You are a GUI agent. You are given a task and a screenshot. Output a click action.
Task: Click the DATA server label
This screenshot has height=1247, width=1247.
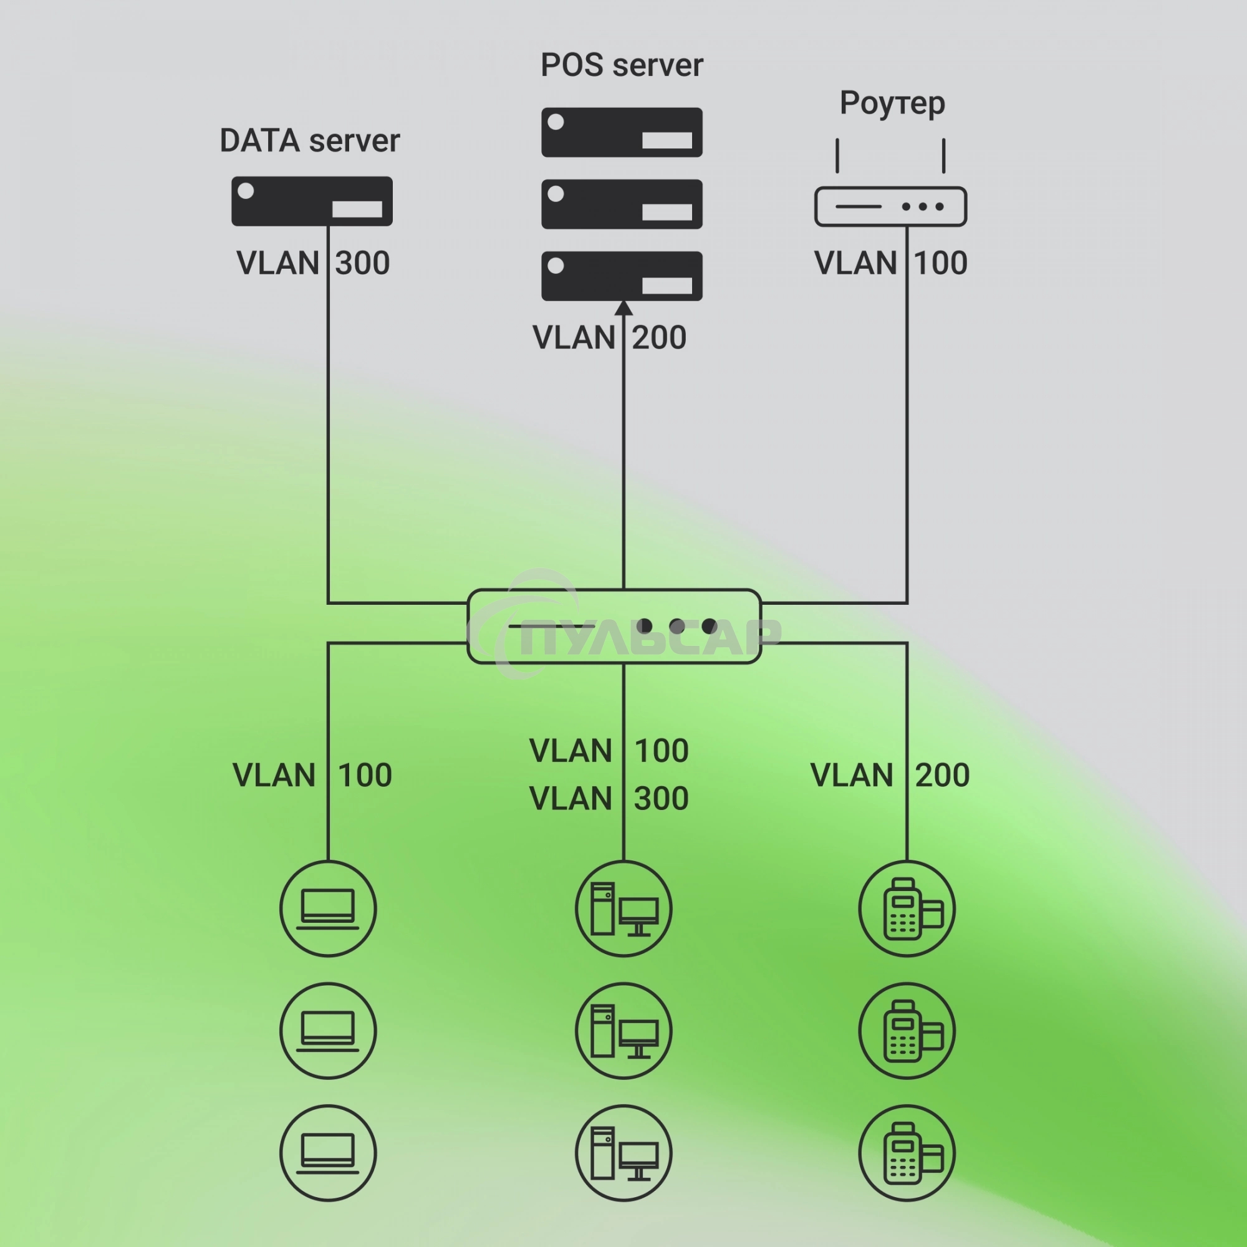309,141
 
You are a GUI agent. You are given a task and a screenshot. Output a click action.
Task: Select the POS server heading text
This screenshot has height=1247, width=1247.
621,65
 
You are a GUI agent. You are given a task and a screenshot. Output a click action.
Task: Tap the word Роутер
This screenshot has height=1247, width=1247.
892,104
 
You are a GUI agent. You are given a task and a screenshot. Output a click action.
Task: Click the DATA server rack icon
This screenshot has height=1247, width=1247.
312,201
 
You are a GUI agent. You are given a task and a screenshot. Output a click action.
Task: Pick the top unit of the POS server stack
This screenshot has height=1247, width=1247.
622,132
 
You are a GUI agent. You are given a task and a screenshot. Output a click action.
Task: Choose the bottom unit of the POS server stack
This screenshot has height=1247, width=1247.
622,276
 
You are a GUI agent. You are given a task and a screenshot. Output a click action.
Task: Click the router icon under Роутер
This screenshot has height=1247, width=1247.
890,206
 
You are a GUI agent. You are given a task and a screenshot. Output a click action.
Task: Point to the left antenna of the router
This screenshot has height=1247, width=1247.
837,155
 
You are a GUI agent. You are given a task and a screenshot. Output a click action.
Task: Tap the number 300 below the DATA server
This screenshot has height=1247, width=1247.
363,263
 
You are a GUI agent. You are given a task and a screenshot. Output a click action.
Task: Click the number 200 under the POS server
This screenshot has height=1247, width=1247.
659,337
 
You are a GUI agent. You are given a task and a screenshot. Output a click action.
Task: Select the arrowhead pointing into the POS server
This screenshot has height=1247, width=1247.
623,308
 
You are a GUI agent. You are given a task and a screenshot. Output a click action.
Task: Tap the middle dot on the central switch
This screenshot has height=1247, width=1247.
676,626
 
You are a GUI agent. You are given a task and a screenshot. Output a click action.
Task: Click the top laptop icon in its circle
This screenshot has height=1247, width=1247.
328,909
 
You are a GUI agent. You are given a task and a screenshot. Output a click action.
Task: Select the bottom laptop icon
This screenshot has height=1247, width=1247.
328,1153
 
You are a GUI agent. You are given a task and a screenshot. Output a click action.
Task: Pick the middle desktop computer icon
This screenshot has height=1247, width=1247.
623,1031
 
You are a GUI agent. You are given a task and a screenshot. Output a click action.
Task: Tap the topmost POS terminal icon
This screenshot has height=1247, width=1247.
907,909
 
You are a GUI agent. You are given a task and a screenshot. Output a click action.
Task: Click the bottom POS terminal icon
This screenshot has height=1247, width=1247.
907,1153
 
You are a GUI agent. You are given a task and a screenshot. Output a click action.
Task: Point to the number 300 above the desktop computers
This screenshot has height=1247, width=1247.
661,799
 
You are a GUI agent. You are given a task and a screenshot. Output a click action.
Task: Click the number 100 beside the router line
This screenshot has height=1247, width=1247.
940,263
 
